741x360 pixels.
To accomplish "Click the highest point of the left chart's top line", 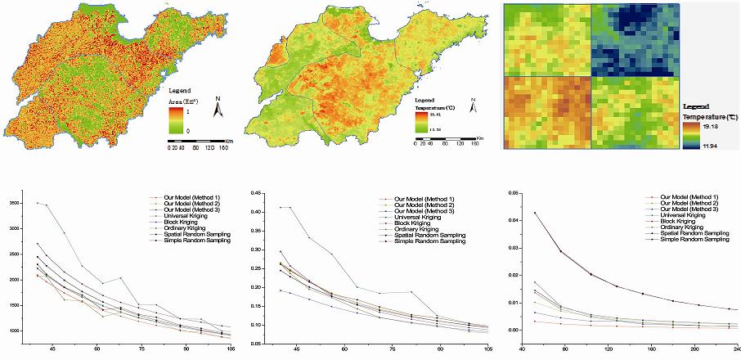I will (x=35, y=203).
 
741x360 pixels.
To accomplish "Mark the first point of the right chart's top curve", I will (x=535, y=213).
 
